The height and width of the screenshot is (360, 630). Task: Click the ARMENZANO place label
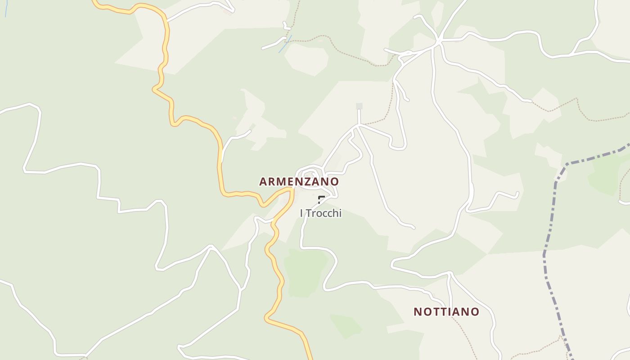coord(299,182)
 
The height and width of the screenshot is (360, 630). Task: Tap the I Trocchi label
coord(321,213)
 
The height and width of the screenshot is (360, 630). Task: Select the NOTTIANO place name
coord(446,312)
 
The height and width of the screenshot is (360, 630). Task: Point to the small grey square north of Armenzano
coord(359,106)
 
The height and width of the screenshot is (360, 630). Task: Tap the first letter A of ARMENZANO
coord(263,182)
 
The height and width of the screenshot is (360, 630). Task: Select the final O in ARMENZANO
coord(334,182)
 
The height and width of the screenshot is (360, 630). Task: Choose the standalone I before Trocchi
coord(301,213)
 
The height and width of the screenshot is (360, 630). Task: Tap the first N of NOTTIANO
coord(418,312)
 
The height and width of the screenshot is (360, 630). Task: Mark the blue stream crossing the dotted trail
coord(285,44)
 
